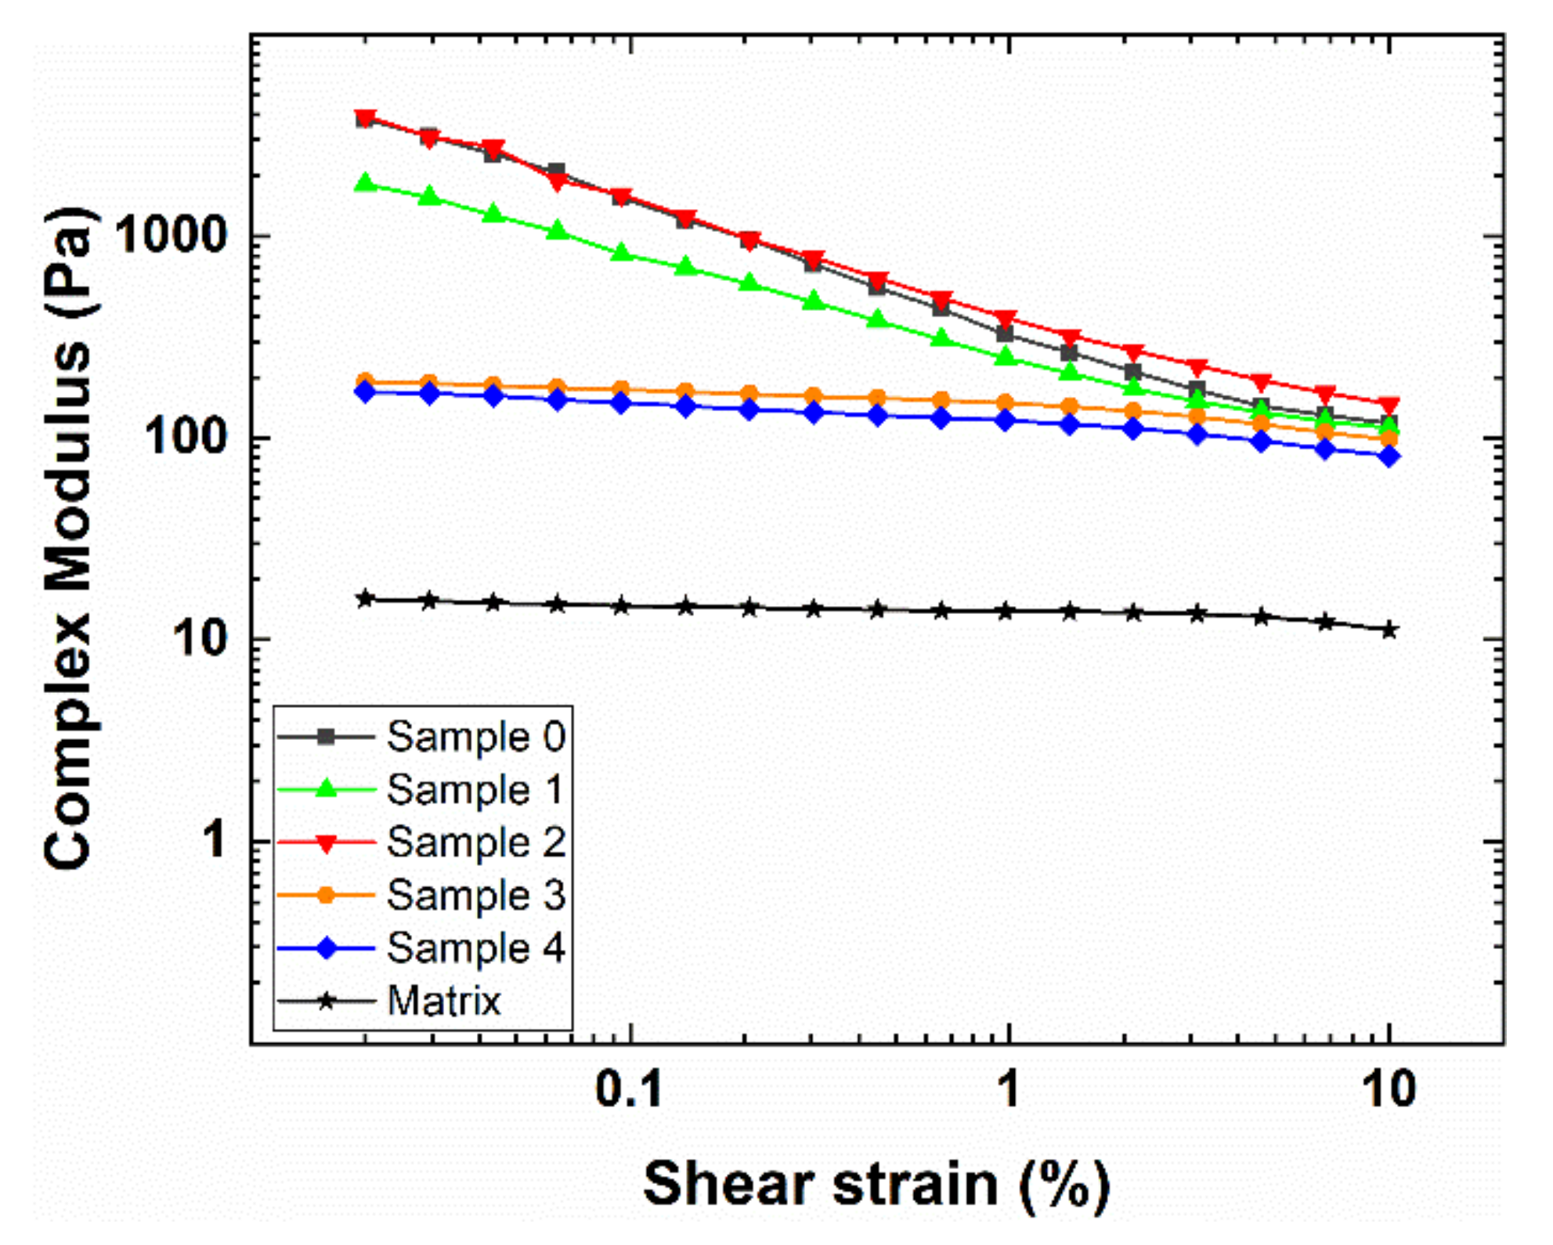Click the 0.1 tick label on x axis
[629, 1089]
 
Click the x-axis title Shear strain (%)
[876, 1184]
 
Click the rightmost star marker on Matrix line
[1389, 630]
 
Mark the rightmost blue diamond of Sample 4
[1389, 456]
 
